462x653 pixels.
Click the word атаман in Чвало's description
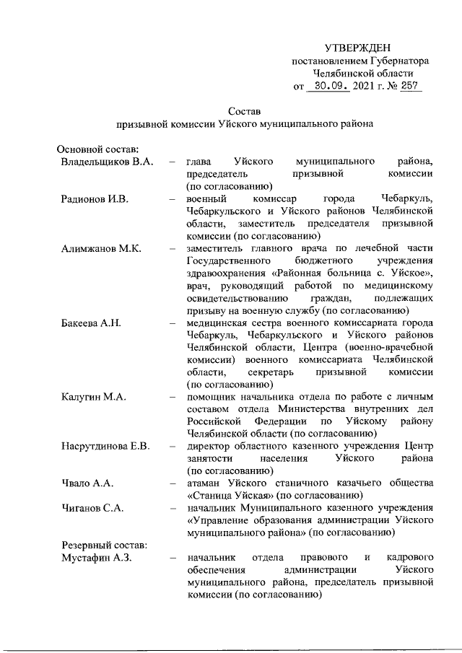coord(205,483)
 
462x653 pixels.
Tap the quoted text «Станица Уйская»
coord(230,496)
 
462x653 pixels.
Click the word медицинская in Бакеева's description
coord(217,323)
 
